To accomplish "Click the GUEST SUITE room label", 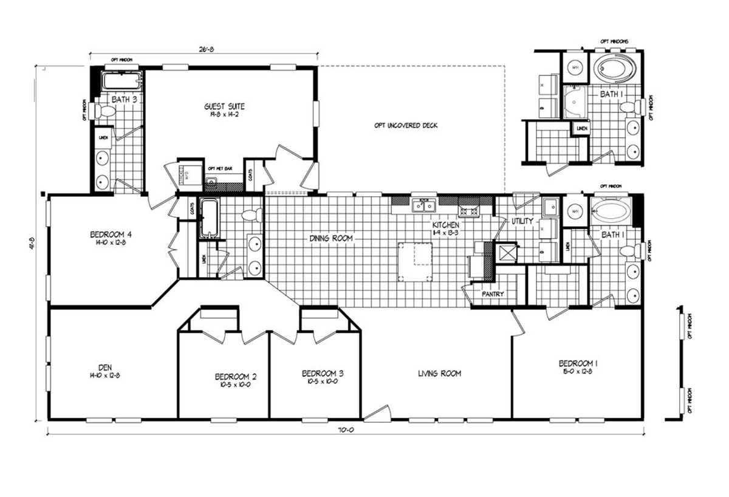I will tap(224, 106).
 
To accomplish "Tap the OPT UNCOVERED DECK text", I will tap(405, 126).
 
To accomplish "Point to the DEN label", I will tap(97, 368).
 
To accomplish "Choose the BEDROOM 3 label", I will tap(320, 373).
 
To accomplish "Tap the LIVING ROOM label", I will tap(439, 374).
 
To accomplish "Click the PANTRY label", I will tap(492, 294).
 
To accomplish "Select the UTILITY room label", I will tap(521, 221).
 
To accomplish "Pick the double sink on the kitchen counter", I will tap(423, 205).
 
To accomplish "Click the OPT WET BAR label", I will tap(219, 168).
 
